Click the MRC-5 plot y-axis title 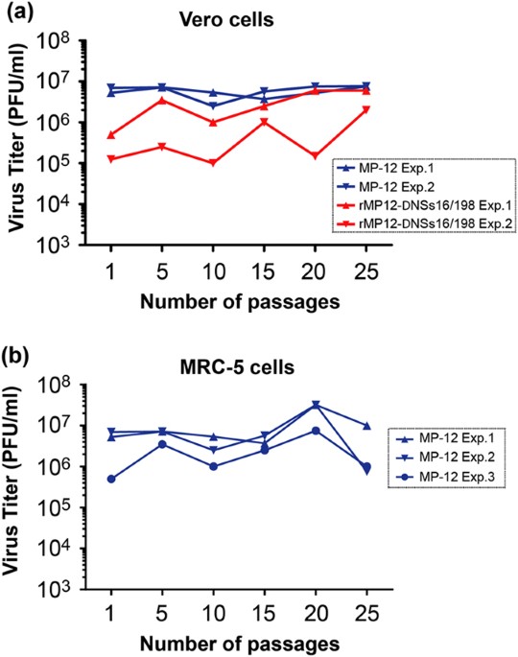click(x=17, y=489)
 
